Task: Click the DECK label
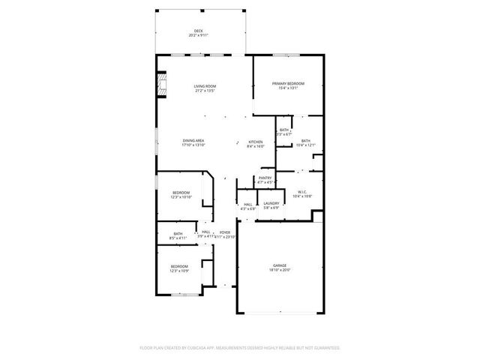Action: [199, 31]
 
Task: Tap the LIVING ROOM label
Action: [205, 87]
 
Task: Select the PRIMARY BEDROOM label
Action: [289, 84]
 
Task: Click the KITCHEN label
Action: [256, 142]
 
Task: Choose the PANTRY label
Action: [265, 178]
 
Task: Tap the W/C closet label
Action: [301, 192]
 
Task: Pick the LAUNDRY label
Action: [271, 203]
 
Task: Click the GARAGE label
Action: [280, 265]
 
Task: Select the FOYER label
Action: [224, 232]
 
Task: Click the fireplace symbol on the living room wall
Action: [160, 85]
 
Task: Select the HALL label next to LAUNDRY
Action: [247, 204]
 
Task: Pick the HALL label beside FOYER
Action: [205, 232]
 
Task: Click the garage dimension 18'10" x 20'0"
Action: [280, 270]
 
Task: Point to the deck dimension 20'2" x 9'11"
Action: [199, 35]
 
